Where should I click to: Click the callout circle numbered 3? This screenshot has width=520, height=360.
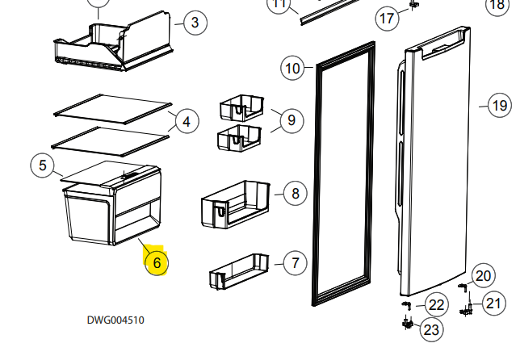195,23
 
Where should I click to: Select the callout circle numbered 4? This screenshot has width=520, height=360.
187,122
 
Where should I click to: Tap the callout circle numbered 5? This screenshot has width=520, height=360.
42,166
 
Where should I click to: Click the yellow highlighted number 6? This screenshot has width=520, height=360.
157,262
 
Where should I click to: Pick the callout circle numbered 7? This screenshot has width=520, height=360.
296,262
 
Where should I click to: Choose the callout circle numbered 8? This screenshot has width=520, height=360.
296,193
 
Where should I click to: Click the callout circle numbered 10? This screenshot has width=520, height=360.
293,69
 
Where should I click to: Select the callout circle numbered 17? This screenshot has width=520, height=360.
388,18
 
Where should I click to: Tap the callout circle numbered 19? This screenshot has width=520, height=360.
501,104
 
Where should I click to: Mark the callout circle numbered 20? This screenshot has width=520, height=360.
483,276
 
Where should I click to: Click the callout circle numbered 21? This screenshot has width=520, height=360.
493,303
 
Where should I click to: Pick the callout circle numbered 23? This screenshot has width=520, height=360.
432,329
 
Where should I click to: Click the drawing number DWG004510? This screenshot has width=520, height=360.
115,320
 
